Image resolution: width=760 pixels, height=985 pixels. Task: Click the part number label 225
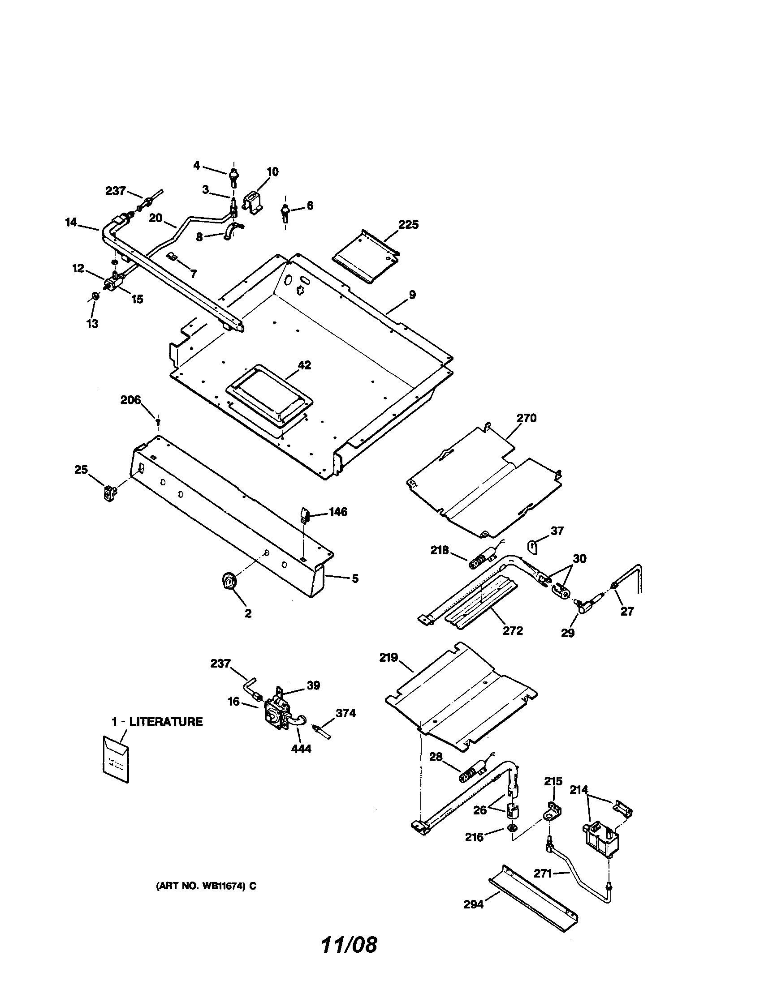408,224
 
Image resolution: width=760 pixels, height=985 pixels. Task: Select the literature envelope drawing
116,758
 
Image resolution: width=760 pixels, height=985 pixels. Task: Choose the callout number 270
526,418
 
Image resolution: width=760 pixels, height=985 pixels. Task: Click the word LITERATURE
166,722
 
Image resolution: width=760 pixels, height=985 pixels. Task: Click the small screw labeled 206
158,421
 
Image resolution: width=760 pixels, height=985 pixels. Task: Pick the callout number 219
389,658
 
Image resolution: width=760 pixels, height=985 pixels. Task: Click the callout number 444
301,749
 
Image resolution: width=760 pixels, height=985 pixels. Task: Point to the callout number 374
345,713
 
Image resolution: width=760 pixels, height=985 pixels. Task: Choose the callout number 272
513,630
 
